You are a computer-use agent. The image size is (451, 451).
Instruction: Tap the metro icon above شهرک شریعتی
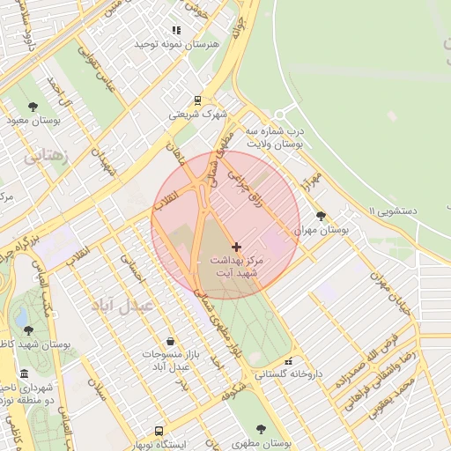[x=197, y=100]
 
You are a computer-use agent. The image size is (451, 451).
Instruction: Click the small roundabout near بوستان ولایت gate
[x=281, y=115]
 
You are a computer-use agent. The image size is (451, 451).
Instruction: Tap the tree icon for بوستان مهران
[x=321, y=215]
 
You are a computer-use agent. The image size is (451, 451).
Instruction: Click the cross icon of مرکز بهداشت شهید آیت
[x=235, y=248]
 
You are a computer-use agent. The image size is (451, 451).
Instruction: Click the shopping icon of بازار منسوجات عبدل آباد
[x=169, y=341]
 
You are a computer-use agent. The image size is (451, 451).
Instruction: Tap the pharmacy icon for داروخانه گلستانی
[x=288, y=361]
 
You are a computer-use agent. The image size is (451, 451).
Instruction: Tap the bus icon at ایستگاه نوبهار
[x=159, y=432]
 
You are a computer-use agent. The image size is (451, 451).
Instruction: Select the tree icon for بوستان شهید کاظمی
[x=29, y=330]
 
